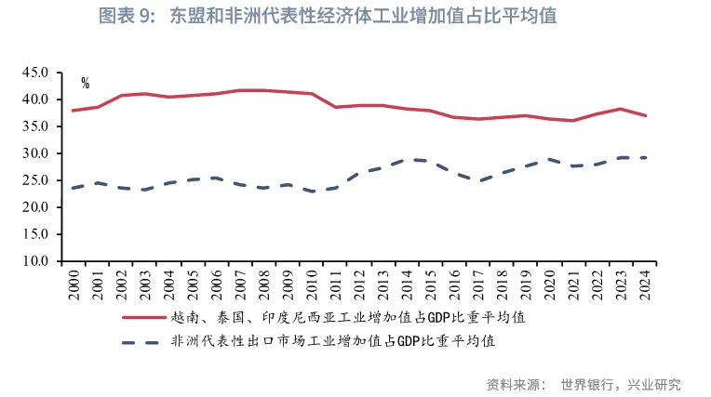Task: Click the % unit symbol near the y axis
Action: point(85,84)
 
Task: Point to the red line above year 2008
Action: point(263,90)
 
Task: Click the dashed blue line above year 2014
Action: point(407,160)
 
